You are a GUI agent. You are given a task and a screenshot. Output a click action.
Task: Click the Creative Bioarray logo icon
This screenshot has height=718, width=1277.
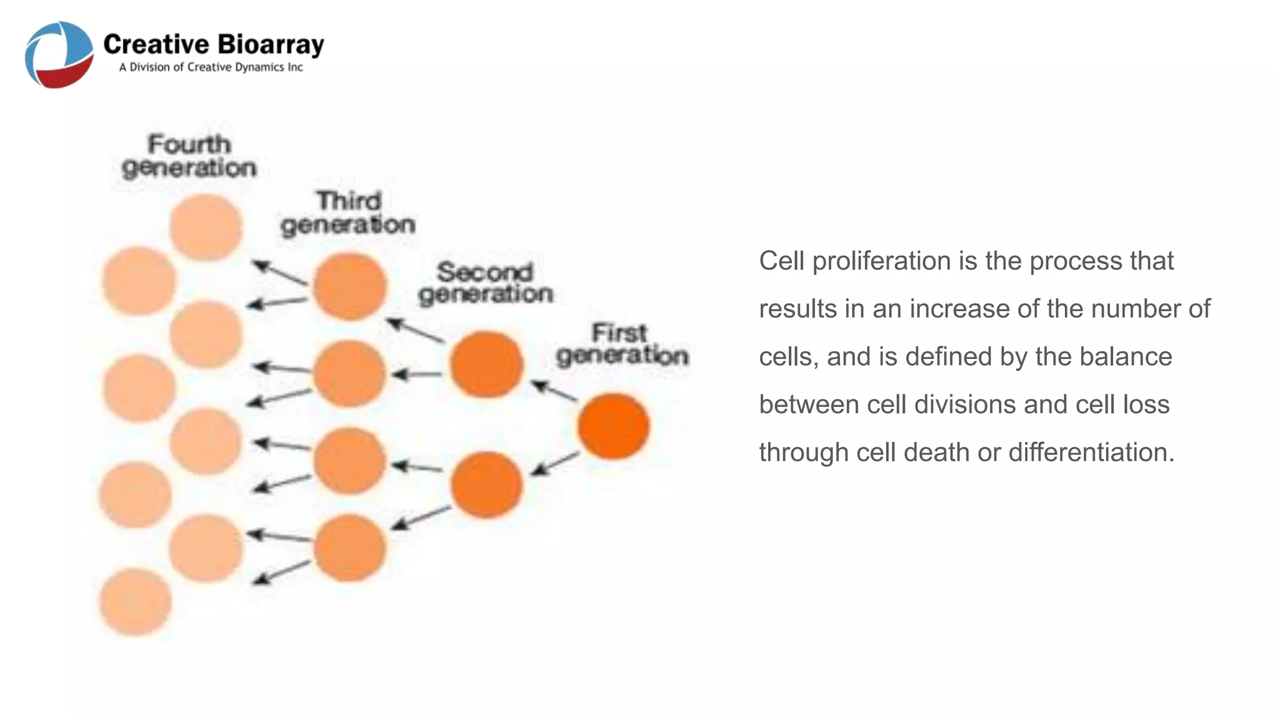coord(59,55)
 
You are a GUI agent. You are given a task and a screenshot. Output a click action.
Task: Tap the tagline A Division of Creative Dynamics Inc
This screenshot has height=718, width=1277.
coord(211,67)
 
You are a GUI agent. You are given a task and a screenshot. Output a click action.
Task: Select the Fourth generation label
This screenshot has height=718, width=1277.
coord(189,156)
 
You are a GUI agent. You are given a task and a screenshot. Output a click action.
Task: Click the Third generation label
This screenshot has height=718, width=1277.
coord(348,213)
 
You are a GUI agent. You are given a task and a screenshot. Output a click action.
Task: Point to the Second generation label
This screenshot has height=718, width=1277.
coord(485,282)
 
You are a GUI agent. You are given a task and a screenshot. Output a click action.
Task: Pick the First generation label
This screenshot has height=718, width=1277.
coord(622,344)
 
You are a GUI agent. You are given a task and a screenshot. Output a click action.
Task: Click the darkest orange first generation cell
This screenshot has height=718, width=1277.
coord(614,426)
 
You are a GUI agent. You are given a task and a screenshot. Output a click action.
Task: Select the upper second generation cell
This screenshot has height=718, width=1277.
coord(486,365)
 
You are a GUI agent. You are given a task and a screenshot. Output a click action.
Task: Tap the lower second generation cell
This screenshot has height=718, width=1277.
coord(486,484)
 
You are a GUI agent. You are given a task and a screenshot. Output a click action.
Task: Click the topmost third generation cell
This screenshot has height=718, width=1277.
coord(349,287)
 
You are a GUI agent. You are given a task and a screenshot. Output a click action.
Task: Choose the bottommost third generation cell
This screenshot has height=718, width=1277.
coord(349,548)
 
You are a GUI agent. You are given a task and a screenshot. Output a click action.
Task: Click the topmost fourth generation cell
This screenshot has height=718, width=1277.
coord(206,227)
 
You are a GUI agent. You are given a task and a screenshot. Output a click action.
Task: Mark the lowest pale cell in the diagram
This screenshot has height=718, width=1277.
coord(135,601)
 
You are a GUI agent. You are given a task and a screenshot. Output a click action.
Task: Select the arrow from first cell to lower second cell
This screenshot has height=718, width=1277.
coord(555,464)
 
